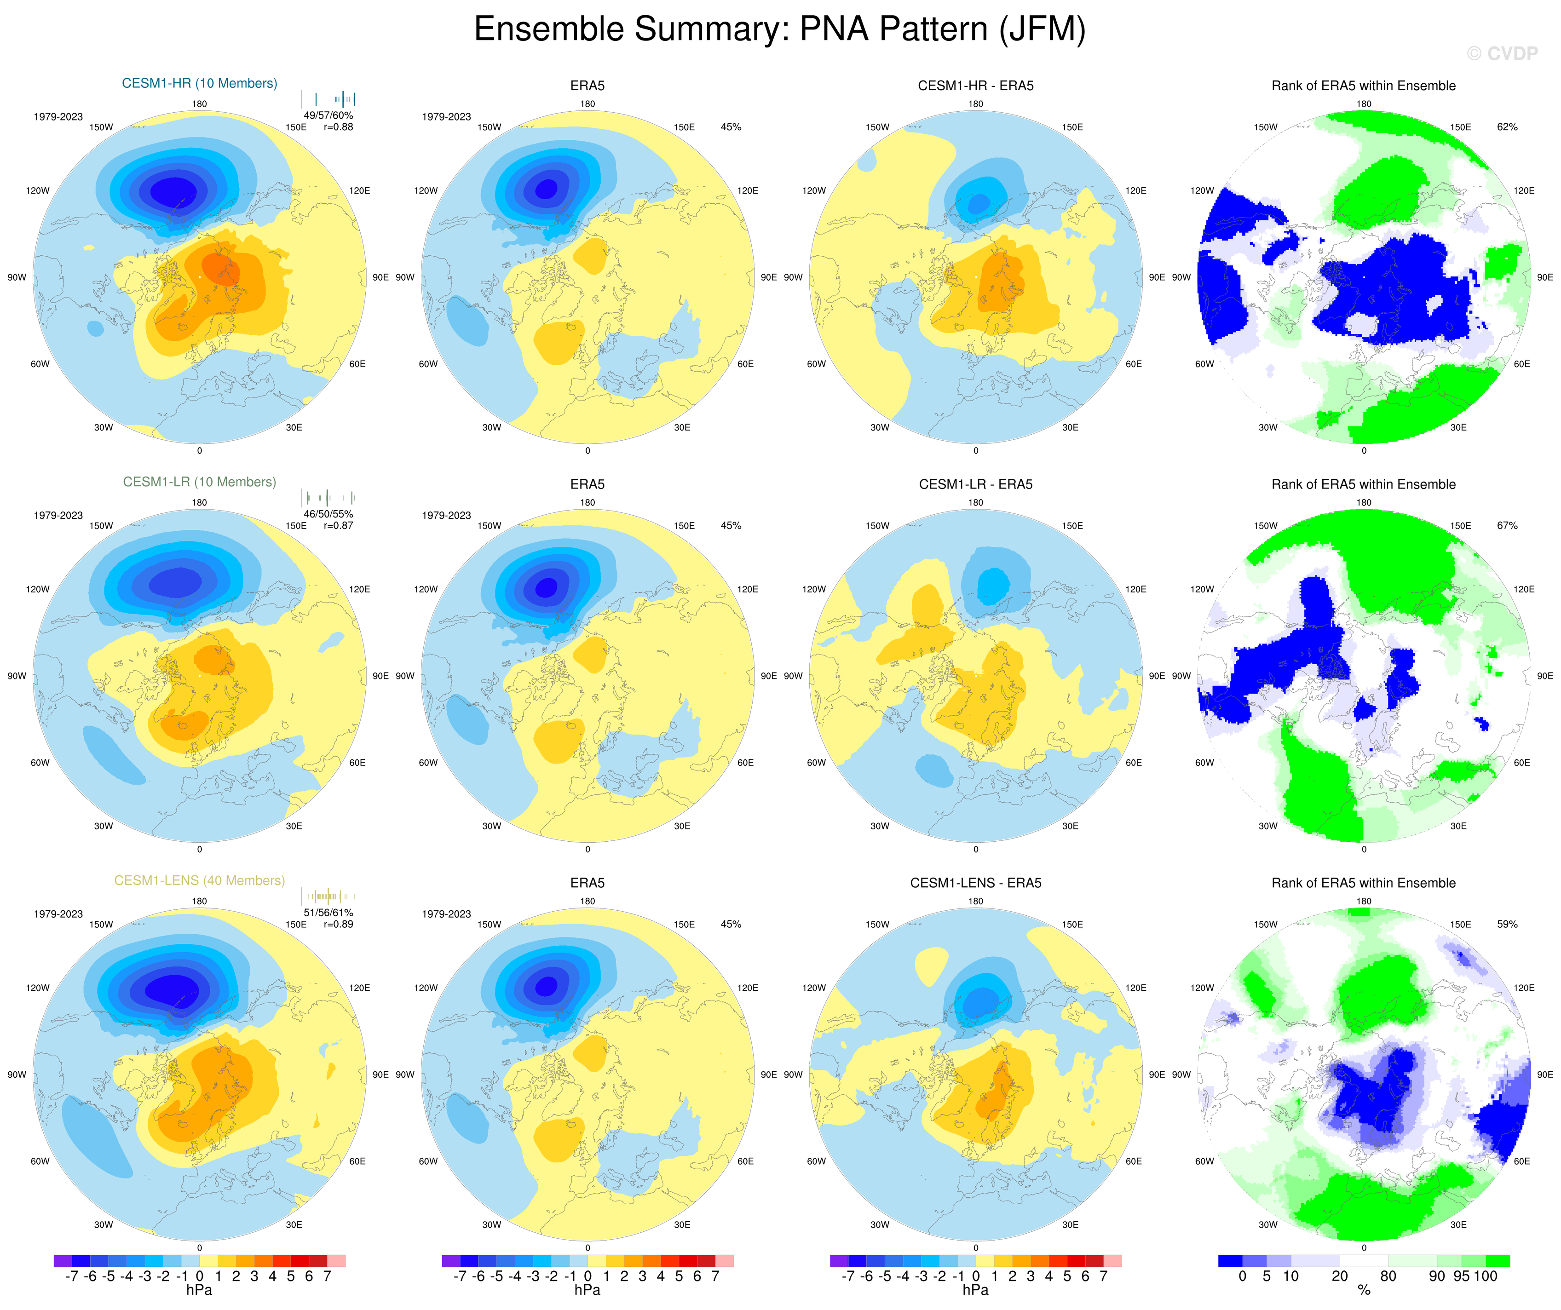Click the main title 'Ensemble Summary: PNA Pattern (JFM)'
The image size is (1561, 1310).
pos(780,30)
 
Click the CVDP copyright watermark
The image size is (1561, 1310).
pos(1502,53)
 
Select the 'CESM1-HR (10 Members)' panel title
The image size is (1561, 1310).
pos(199,83)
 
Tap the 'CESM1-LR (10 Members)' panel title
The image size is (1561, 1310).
pos(199,482)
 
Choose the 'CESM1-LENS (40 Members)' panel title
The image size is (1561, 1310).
pos(199,880)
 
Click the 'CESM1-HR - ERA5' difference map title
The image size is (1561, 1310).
pos(975,86)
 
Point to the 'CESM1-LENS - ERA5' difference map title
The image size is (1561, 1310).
pos(975,883)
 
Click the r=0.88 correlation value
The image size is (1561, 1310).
pos(338,127)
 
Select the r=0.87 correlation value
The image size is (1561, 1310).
pos(338,525)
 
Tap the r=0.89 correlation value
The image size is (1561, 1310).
pos(338,925)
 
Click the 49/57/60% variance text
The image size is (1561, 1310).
pos(328,115)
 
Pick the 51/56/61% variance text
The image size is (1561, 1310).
pos(328,913)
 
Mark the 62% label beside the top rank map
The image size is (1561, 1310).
pos(1507,127)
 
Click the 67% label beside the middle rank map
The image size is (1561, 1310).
pos(1507,525)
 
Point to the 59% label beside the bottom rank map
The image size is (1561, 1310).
pos(1507,925)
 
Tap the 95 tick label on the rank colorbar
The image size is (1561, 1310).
pos(1461,1276)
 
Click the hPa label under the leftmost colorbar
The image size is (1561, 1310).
pos(199,1290)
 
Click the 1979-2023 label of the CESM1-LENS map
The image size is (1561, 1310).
pos(58,914)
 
